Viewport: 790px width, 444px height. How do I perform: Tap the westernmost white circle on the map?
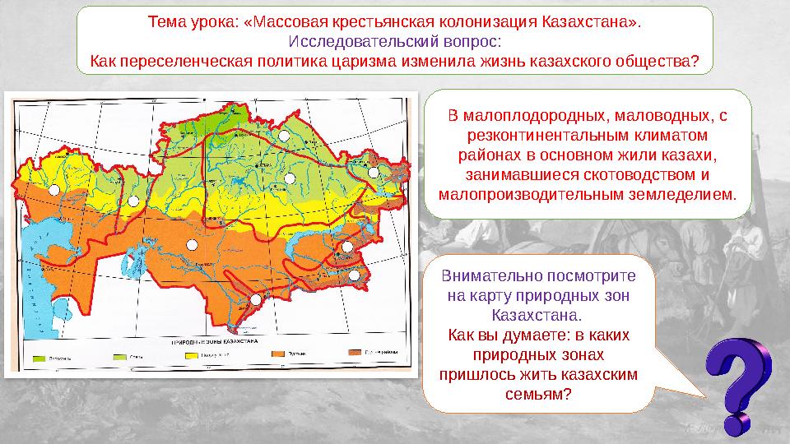click(54, 190)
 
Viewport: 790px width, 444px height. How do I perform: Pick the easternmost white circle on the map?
click(373, 173)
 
